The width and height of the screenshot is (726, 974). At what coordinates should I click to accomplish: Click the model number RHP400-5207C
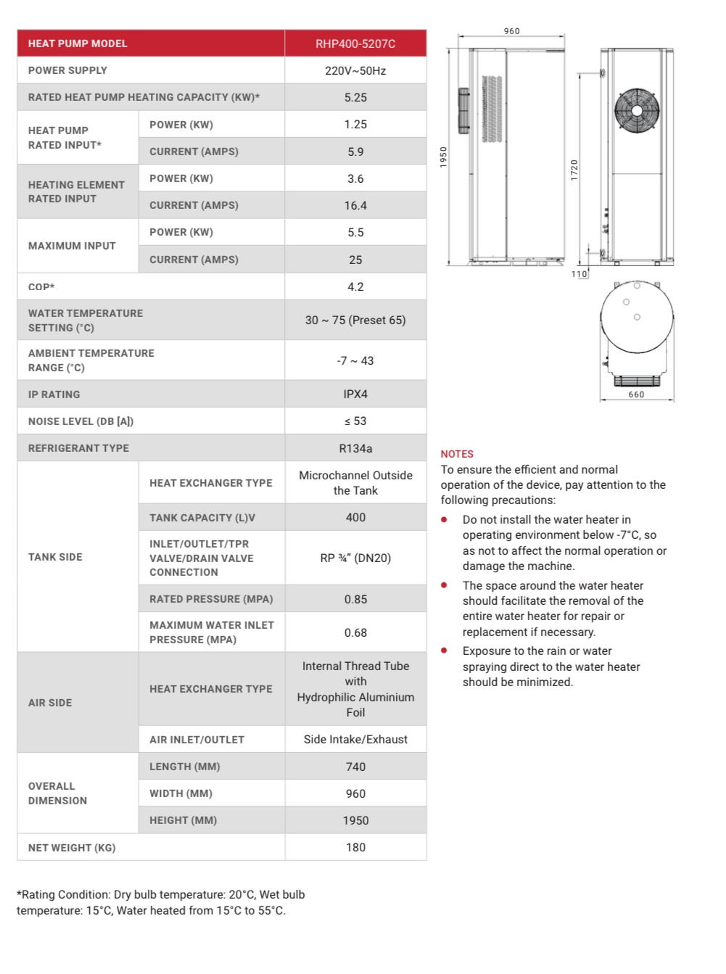click(x=355, y=44)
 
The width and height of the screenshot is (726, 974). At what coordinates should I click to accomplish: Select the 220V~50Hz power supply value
click(x=355, y=70)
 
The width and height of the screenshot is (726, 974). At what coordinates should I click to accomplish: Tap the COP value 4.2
click(x=355, y=286)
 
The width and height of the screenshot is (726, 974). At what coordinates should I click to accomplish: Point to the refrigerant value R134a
click(x=355, y=448)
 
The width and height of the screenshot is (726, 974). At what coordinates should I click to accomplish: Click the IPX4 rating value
click(x=355, y=394)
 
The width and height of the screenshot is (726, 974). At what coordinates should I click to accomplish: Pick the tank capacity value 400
click(x=355, y=517)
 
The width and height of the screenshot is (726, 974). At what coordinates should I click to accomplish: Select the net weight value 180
click(x=355, y=847)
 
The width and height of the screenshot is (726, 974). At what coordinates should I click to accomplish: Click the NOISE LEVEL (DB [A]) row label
click(x=81, y=421)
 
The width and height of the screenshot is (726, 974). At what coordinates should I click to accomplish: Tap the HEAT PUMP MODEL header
click(x=78, y=44)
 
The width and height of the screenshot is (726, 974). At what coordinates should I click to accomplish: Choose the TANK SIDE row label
click(x=55, y=557)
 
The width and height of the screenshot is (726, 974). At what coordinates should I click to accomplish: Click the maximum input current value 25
click(x=355, y=260)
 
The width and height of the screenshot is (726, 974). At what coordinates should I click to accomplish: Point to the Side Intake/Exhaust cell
click(x=355, y=739)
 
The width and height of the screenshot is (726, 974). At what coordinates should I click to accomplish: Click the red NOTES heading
click(x=457, y=454)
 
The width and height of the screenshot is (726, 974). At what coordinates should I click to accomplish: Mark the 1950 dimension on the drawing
click(x=444, y=157)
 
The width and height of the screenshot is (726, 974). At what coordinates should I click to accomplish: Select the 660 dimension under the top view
click(x=636, y=395)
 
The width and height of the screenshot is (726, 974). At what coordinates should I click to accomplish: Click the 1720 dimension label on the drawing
click(x=574, y=170)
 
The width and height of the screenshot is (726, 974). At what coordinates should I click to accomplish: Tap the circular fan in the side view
click(x=637, y=111)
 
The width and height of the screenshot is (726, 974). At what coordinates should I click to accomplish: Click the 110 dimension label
click(x=579, y=274)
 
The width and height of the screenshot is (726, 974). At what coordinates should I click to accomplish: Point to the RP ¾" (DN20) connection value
click(x=355, y=558)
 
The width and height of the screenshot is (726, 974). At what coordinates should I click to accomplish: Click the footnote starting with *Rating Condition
click(x=160, y=902)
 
